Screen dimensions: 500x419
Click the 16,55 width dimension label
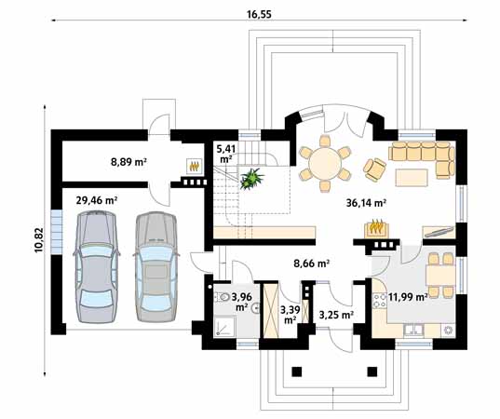259,14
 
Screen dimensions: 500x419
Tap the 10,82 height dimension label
39,240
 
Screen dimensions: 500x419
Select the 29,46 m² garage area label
97,200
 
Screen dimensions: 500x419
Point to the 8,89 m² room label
128,162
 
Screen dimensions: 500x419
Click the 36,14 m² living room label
367,203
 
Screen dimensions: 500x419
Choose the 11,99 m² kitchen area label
408,297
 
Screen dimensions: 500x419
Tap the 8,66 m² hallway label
311,264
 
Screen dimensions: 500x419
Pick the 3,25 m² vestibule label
336,315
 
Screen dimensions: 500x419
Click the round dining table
325,164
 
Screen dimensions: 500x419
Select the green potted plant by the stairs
252,179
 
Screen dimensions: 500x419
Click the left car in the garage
97,267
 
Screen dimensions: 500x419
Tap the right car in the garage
155,266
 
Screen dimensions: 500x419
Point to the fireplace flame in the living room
376,227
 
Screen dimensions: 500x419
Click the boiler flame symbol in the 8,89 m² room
194,166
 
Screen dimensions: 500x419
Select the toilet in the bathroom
223,297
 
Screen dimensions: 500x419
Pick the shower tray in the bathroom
225,326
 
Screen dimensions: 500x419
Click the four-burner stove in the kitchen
380,301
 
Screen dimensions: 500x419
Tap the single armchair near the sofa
374,169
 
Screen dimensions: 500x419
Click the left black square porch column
297,372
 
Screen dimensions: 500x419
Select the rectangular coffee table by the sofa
412,178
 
